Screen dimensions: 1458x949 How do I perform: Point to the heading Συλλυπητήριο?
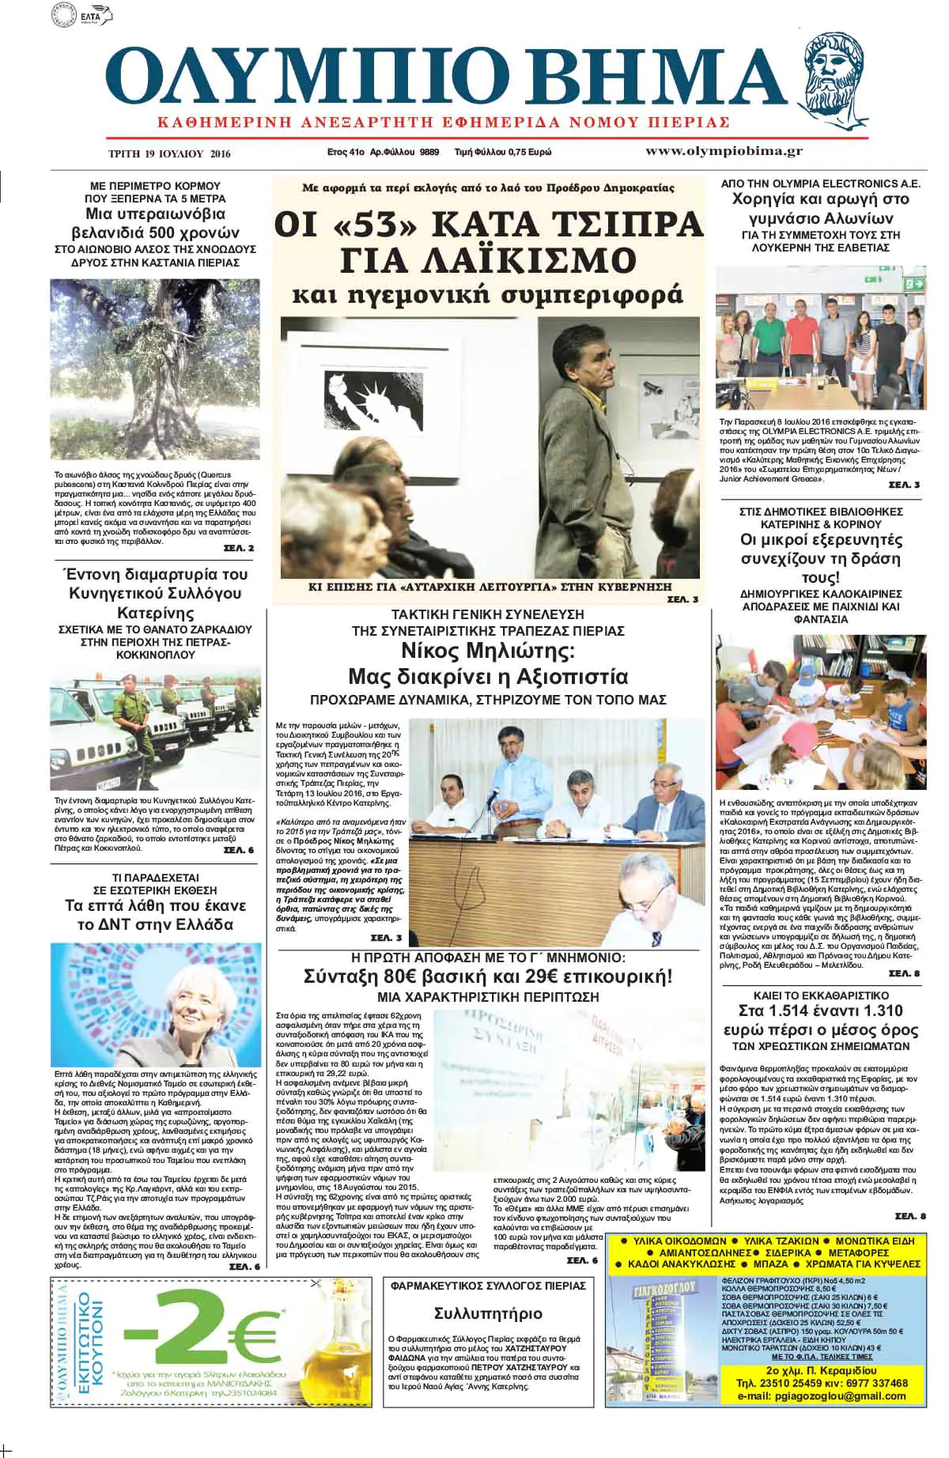489,1313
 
